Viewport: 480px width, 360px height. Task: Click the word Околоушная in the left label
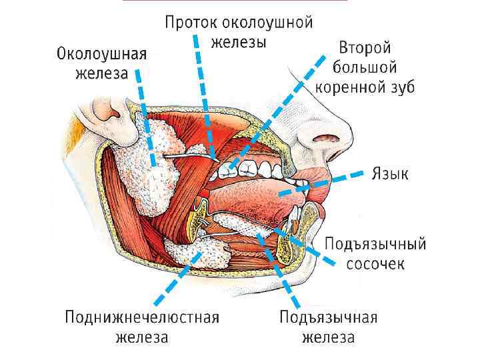[x=102, y=53]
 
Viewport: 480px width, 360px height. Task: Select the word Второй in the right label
[x=365, y=49]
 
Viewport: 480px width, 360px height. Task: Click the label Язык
[x=390, y=175]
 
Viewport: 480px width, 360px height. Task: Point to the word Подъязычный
[x=375, y=243]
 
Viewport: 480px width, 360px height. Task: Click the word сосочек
[x=375, y=263]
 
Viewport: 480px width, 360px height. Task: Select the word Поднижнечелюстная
[x=142, y=317]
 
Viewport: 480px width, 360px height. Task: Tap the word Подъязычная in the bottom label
[x=329, y=317]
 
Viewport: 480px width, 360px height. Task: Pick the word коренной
[x=348, y=87]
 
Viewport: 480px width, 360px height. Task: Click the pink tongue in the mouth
[x=267, y=193]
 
